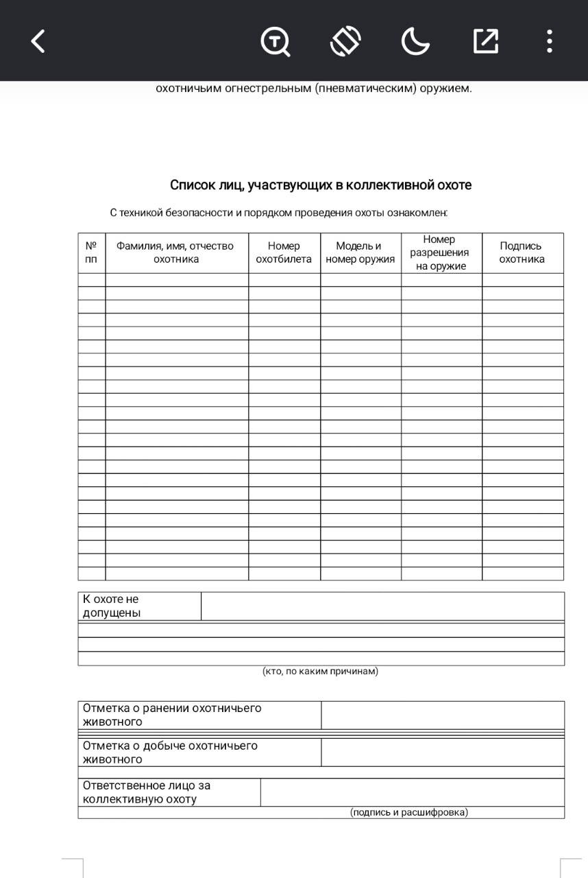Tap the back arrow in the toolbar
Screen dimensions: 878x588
point(38,41)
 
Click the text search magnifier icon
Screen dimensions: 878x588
point(275,41)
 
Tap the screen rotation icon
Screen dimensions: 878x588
point(345,41)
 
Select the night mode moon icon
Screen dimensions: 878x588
point(415,41)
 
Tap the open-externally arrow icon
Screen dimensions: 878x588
point(485,41)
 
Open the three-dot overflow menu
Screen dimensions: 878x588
point(549,41)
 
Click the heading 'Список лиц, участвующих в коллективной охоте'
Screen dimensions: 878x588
point(321,185)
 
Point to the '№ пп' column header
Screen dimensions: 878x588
point(91,252)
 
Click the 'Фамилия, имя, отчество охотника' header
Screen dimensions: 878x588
point(175,252)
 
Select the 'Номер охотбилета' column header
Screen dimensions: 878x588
point(284,252)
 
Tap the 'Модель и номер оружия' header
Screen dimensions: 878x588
point(360,252)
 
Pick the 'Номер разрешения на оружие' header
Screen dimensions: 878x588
point(440,252)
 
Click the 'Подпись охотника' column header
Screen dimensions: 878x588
point(522,252)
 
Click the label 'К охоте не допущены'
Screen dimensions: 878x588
point(112,606)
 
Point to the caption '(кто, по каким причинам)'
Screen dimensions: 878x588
point(320,671)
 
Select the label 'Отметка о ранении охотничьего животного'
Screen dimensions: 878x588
point(172,715)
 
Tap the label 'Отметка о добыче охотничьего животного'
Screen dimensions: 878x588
point(170,752)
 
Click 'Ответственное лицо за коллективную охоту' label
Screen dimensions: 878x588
point(147,792)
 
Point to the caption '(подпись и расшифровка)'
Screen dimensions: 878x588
point(409,812)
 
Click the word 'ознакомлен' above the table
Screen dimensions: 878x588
point(417,213)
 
